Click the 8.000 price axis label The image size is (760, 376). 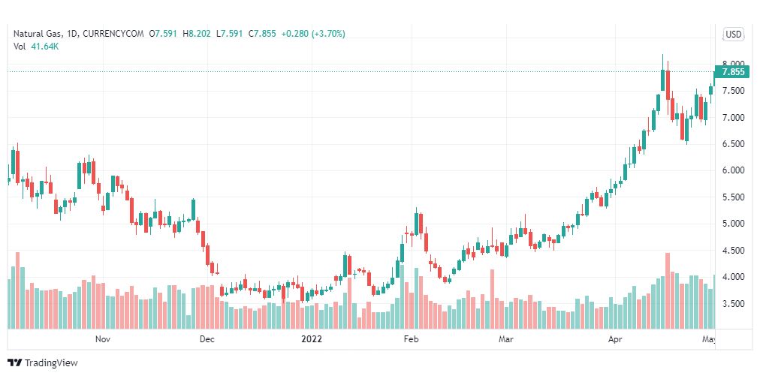[x=732, y=65]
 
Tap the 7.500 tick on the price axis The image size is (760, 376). [x=732, y=91]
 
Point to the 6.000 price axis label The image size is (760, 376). [x=732, y=170]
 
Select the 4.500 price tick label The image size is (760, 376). [x=732, y=251]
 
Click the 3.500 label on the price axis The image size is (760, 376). [x=732, y=304]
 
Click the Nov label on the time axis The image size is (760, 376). [x=104, y=339]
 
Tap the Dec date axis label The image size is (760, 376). [x=207, y=339]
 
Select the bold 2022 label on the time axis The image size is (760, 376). [x=312, y=339]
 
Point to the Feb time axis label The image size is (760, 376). [x=411, y=339]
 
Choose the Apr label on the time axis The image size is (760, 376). [x=615, y=339]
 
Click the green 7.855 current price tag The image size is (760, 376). [x=731, y=72]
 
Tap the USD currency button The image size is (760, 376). [x=733, y=35]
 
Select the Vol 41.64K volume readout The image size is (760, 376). [x=36, y=47]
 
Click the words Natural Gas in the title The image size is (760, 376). [x=36, y=34]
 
